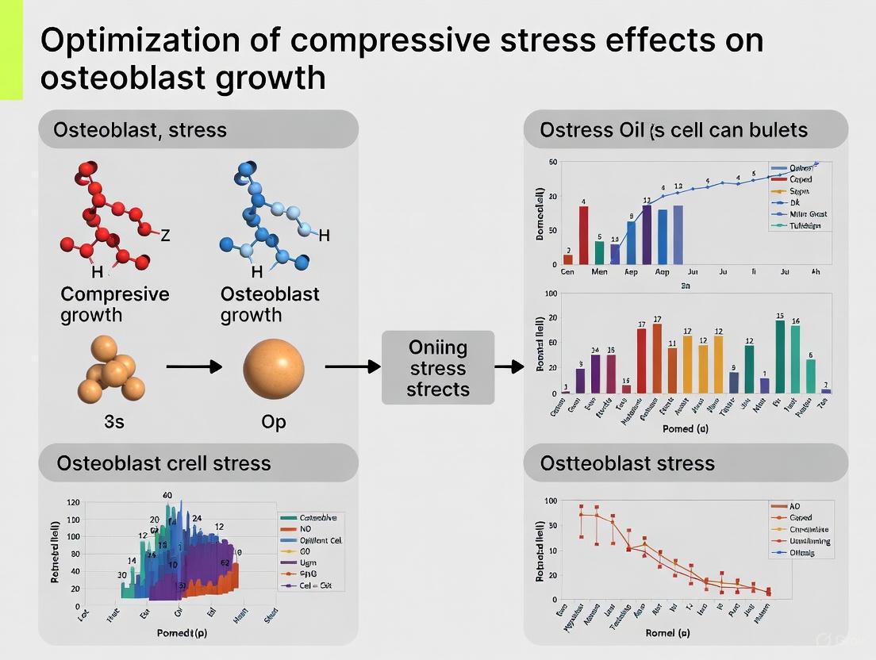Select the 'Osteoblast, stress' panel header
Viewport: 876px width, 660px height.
tap(140, 129)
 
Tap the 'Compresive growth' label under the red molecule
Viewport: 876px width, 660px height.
tap(114, 305)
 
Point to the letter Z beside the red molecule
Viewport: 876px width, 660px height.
tap(165, 236)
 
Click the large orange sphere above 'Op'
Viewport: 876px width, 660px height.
tap(274, 367)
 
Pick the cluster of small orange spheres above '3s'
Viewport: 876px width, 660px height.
tap(111, 370)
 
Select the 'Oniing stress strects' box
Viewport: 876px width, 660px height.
tap(438, 368)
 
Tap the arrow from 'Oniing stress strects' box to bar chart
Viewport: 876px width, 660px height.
tap(509, 366)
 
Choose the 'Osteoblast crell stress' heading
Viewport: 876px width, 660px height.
tap(163, 463)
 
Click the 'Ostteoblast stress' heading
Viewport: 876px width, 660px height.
tap(627, 463)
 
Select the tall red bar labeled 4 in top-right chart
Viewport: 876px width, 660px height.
tap(584, 235)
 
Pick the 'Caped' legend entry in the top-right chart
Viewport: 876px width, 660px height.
tap(799, 180)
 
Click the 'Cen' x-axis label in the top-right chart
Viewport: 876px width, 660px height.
tap(567, 271)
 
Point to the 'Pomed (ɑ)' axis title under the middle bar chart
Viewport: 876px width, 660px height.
tap(685, 428)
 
